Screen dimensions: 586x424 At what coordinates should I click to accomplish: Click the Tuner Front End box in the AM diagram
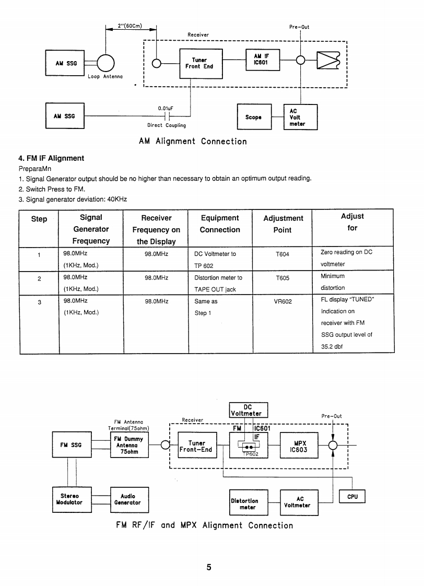pos(201,63)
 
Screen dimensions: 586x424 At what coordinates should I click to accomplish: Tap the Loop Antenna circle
pos(105,63)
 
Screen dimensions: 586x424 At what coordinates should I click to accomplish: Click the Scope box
pos(253,118)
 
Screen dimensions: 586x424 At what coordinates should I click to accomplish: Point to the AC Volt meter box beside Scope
pos(300,118)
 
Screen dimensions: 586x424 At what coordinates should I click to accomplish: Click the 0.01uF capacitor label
pos(165,109)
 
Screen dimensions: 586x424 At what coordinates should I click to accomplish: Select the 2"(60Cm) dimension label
pos(130,26)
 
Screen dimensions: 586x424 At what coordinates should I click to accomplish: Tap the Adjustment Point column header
pos(283,224)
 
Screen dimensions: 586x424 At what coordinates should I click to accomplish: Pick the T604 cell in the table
pos(282,254)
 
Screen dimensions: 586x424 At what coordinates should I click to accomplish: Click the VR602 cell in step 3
pos(282,301)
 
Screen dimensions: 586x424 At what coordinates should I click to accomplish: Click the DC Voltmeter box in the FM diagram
pos(248,410)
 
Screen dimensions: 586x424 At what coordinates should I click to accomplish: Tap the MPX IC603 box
pos(300,446)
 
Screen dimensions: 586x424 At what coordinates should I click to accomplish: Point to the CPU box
pos(352,497)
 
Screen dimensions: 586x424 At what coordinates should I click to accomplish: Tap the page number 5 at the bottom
pos(208,568)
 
